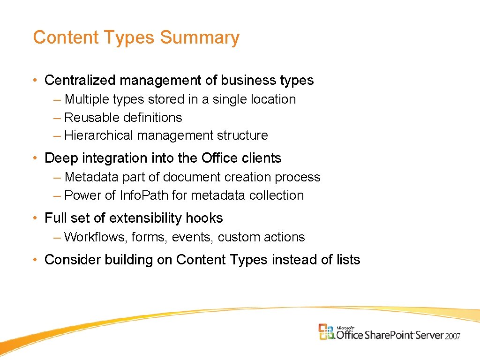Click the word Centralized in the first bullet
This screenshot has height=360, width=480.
pos(80,80)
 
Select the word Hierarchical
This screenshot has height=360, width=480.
pos(99,135)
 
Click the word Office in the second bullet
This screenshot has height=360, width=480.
pos(220,158)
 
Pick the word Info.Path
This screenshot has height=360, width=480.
pos(144,195)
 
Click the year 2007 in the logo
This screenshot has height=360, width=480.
pos(453,336)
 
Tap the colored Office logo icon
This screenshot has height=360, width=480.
pos(327,331)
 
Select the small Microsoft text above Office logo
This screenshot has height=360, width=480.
pos(346,327)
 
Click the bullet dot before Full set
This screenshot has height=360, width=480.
pos(36,218)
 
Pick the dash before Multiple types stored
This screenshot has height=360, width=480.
pos(57,99)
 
